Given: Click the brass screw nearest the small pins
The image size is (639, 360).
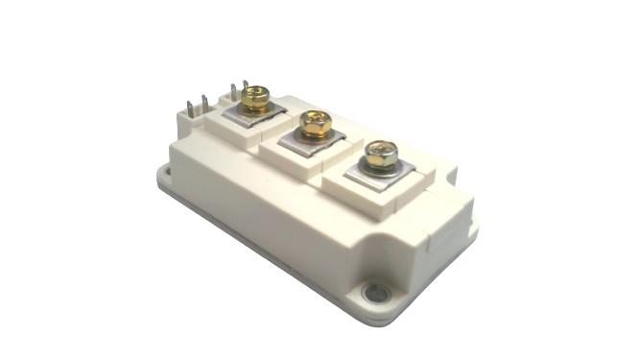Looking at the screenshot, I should click(x=254, y=96).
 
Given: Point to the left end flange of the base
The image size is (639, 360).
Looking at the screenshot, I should click(x=164, y=178).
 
